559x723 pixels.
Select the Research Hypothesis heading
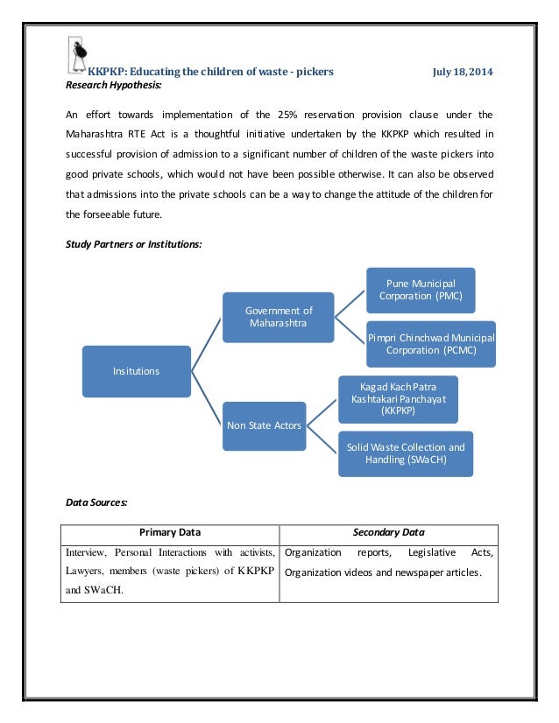tap(114, 85)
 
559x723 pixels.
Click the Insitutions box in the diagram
tap(137, 371)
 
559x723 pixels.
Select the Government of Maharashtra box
tap(279, 317)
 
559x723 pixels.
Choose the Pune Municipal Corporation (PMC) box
tap(421, 290)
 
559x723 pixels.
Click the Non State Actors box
tap(265, 425)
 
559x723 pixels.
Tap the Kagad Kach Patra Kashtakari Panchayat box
tap(398, 397)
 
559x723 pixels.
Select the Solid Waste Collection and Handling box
tap(406, 453)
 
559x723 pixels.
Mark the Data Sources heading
tap(97, 502)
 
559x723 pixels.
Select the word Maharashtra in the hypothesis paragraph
tap(97, 135)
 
